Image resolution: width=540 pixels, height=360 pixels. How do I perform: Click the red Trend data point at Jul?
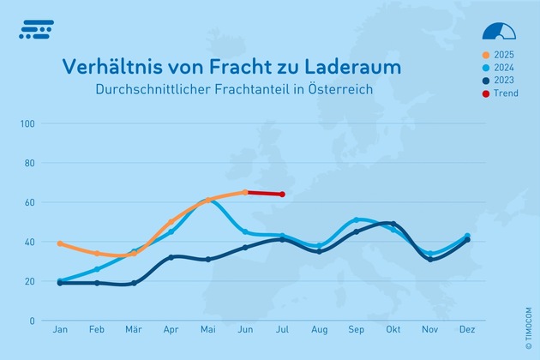click(x=282, y=195)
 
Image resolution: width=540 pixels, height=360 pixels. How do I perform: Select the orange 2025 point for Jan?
click(x=60, y=243)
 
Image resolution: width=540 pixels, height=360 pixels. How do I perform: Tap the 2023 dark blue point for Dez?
click(x=467, y=240)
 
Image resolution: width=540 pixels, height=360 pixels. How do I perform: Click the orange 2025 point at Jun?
click(x=245, y=192)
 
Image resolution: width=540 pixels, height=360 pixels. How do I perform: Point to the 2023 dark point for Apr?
click(x=171, y=257)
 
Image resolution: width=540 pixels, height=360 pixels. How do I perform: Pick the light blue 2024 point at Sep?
click(x=357, y=220)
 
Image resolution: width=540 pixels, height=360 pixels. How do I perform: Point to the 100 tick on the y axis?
click(x=27, y=123)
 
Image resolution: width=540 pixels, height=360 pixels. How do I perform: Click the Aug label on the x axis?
click(x=320, y=330)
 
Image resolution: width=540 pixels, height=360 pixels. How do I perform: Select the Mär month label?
click(x=134, y=330)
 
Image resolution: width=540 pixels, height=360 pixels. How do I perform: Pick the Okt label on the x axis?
click(x=393, y=330)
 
